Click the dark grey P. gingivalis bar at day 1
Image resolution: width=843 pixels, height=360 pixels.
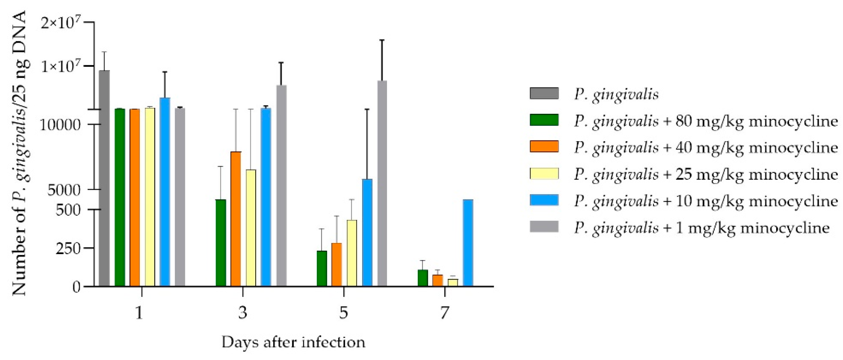[x=104, y=178]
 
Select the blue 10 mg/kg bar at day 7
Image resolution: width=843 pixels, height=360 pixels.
[x=468, y=243]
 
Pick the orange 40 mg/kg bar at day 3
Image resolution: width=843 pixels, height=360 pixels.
[x=236, y=219]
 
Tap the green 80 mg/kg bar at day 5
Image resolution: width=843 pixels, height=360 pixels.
[x=322, y=268]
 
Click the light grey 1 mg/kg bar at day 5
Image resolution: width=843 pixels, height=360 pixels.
[x=382, y=183]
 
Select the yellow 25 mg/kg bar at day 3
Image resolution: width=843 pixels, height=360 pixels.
[x=251, y=228]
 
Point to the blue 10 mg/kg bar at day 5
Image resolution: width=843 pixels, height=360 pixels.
[x=367, y=232]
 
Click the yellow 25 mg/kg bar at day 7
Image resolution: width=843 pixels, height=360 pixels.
[x=453, y=282]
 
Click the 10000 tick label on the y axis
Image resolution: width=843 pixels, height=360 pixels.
[x=60, y=125]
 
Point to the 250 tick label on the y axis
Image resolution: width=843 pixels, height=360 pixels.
[x=68, y=248]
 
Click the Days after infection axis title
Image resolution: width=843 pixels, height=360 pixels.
[x=293, y=342]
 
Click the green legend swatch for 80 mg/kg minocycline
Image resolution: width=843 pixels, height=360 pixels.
[x=544, y=120]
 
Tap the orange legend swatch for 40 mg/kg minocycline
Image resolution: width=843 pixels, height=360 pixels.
[x=544, y=146]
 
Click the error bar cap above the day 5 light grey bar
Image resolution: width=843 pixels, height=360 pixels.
[x=382, y=40]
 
